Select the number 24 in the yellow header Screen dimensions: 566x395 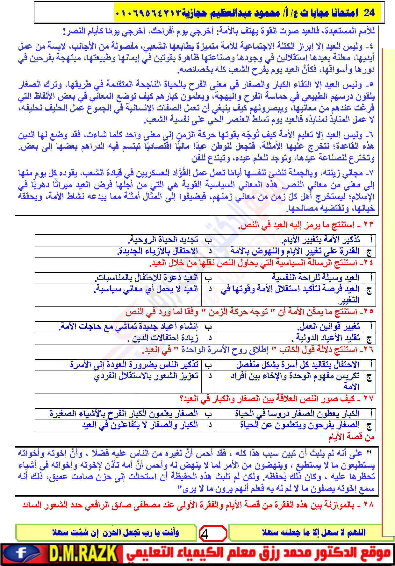click(x=369, y=12)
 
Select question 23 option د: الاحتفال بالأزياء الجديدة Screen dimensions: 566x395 click(x=158, y=251)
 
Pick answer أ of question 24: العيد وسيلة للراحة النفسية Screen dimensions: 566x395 click(x=315, y=278)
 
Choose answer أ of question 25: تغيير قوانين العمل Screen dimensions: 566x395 click(x=328, y=327)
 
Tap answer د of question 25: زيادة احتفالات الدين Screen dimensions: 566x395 click(x=163, y=338)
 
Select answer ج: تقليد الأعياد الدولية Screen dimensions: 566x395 click(x=328, y=338)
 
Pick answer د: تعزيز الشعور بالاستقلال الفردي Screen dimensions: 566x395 click(x=146, y=376)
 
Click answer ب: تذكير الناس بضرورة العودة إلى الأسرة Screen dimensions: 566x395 click(x=134, y=364)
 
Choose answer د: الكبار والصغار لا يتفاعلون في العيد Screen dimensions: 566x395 click(x=140, y=425)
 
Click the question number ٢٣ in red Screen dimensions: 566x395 click(x=368, y=225)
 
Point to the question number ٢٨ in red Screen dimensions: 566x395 click(x=368, y=505)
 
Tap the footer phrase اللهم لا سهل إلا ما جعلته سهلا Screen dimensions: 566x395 click(x=313, y=533)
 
